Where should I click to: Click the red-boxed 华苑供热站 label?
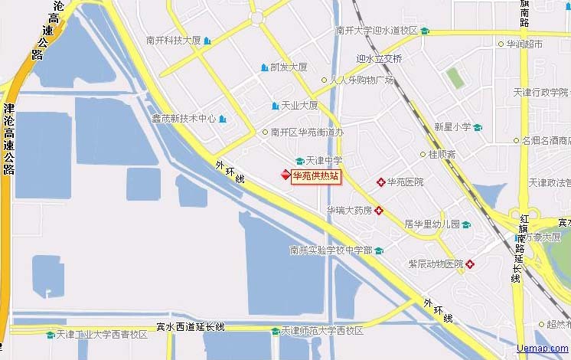315,176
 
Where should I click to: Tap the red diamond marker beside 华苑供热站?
285,175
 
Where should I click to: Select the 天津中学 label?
324,161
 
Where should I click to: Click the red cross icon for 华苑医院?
380,182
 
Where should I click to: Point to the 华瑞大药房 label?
349,210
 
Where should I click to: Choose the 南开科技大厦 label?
174,41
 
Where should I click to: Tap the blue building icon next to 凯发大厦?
265,67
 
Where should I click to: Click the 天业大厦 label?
299,106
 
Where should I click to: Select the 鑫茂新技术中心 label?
184,119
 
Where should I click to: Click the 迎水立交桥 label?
380,58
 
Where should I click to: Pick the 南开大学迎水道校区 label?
377,31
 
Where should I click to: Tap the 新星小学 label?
453,127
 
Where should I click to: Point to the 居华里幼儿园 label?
432,224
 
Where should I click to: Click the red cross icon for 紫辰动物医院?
470,264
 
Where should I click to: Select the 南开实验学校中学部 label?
331,250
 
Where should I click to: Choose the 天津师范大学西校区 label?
322,331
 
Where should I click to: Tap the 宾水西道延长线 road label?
191,327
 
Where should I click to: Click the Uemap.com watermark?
543,349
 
